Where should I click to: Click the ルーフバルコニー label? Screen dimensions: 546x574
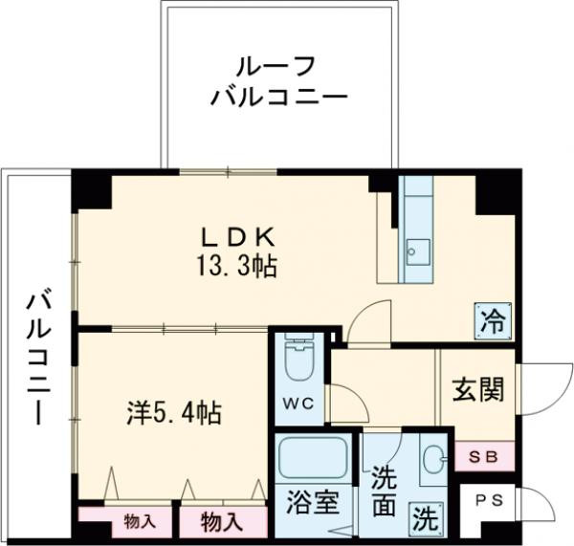click(278, 81)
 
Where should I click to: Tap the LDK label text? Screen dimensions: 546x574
click(239, 235)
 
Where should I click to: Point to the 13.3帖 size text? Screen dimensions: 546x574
click(239, 267)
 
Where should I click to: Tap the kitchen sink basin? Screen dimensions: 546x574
click(418, 252)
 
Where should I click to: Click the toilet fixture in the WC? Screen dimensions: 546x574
click(300, 360)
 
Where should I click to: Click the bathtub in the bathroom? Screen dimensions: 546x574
click(313, 459)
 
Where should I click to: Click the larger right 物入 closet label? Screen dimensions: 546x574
click(221, 522)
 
